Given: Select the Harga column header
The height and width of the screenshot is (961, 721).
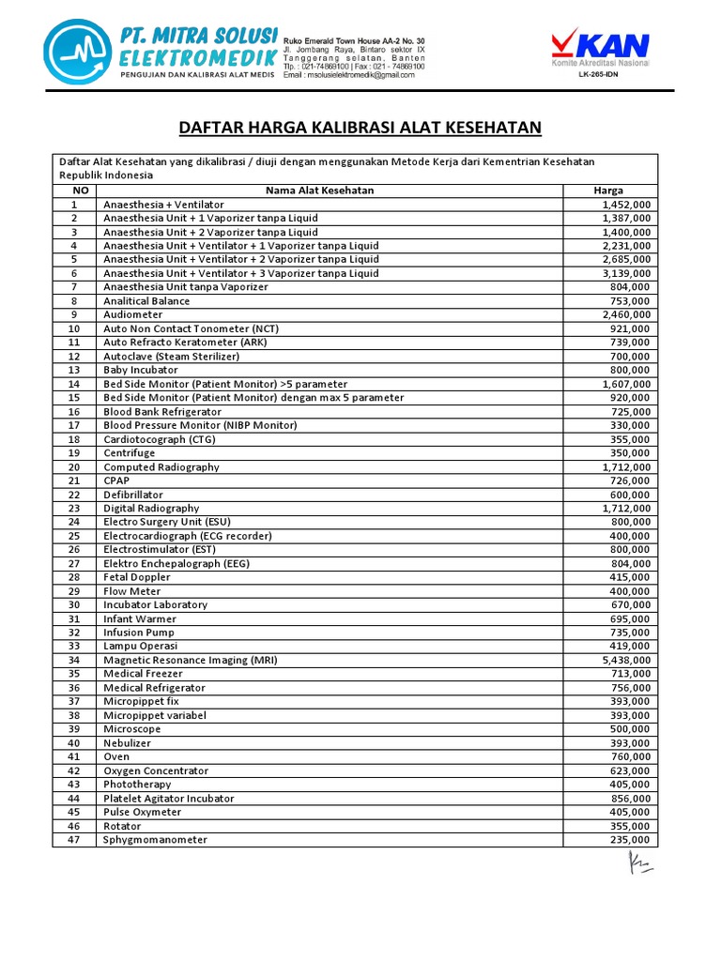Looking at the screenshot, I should point(608,191).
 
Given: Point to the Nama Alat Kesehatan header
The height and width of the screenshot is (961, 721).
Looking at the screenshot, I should point(319,191).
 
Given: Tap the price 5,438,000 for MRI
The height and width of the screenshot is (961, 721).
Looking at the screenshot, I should point(626,660).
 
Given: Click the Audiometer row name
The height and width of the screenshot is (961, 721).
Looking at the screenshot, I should point(133,315).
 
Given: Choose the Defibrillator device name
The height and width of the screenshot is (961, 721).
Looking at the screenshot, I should point(133,495).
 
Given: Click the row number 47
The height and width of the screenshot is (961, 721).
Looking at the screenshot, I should point(74,840).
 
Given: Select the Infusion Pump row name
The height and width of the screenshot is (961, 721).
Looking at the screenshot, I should point(139,633).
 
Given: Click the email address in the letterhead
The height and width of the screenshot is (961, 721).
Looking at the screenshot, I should point(349,75).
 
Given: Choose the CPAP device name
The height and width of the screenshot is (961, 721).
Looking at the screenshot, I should point(116,480).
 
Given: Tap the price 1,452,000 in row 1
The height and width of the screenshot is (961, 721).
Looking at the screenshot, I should point(626,205).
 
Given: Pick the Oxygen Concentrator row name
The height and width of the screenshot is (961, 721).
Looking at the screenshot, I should point(156,770).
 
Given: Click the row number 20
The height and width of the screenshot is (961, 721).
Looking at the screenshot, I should point(74,467).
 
